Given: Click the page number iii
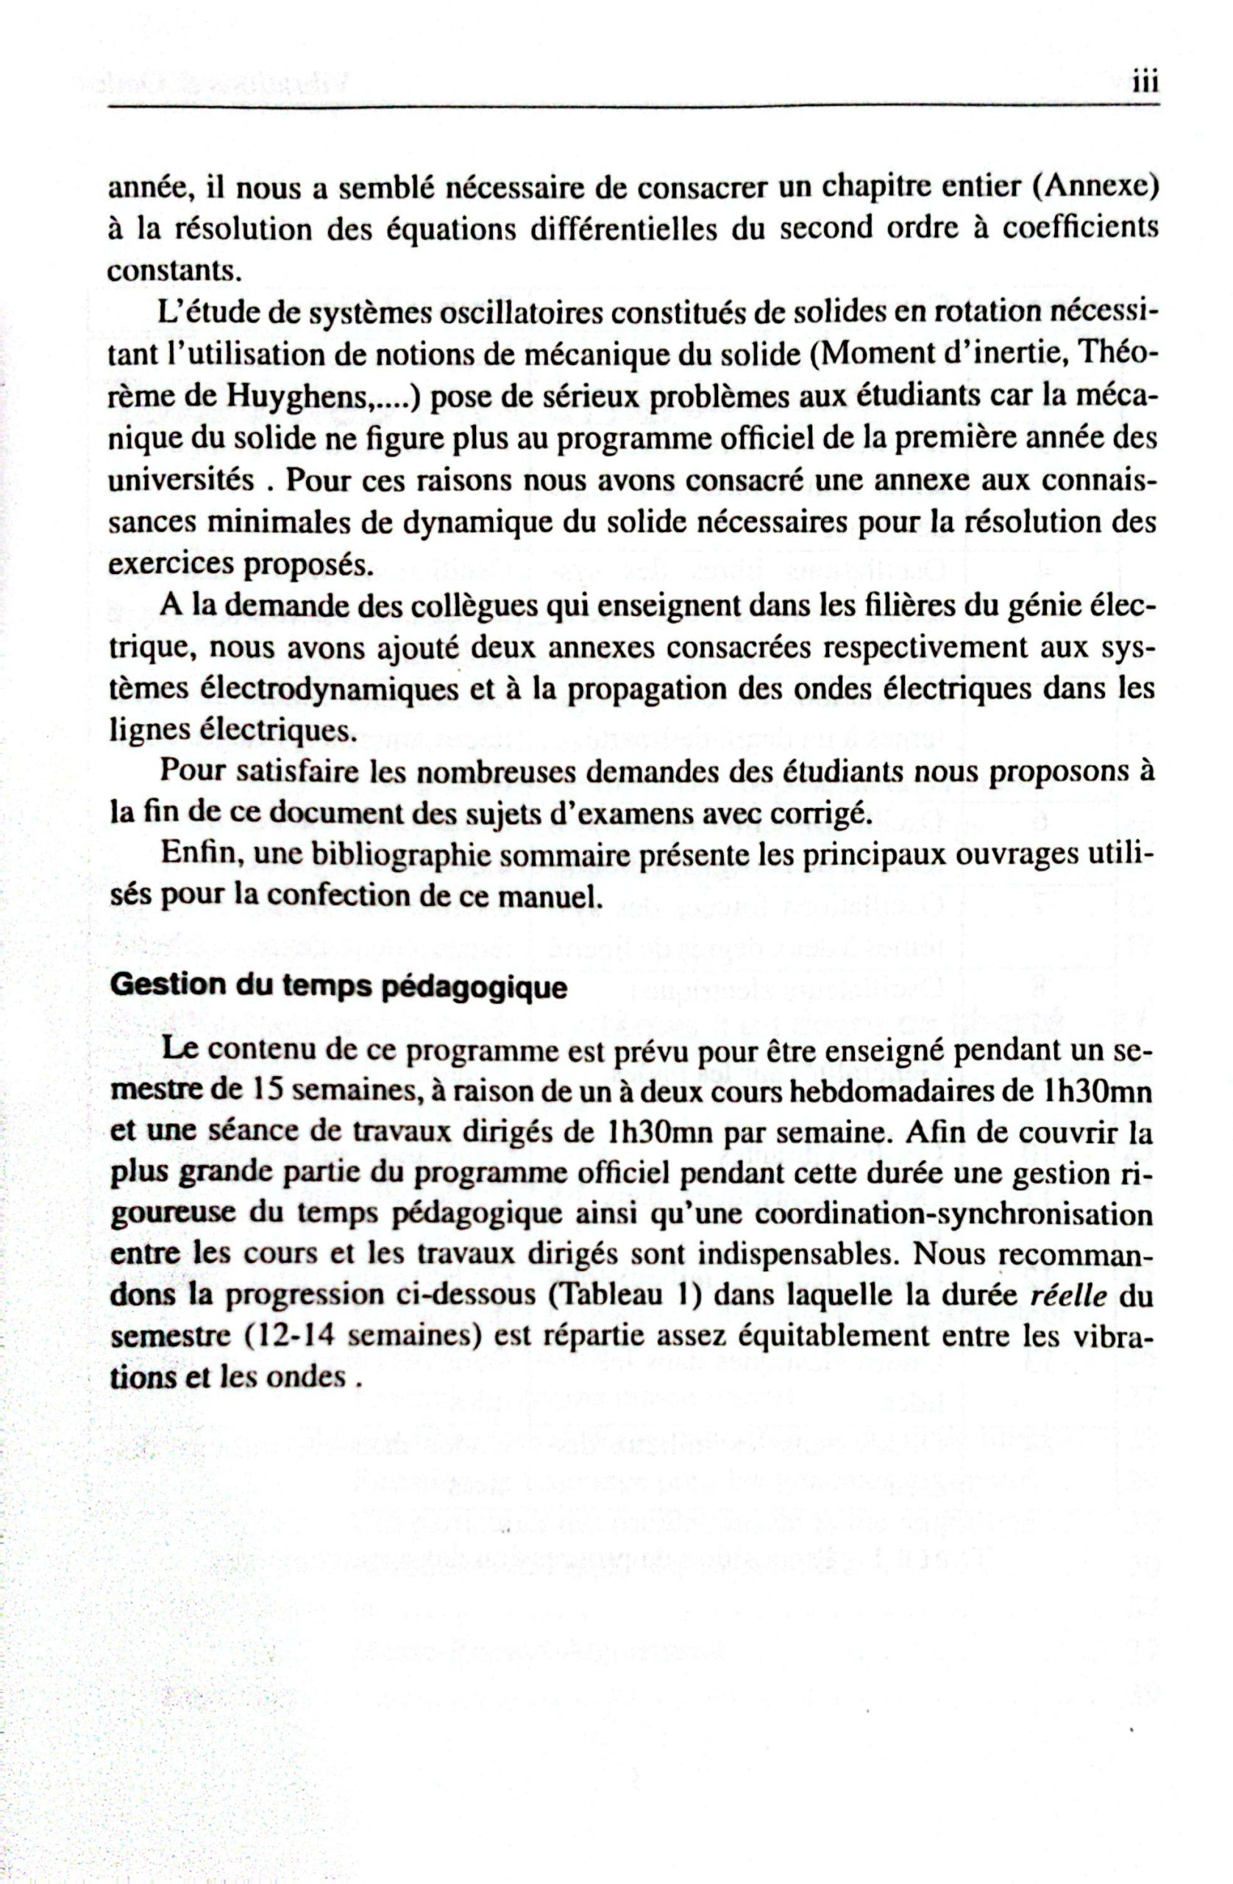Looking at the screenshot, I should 1143,83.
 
